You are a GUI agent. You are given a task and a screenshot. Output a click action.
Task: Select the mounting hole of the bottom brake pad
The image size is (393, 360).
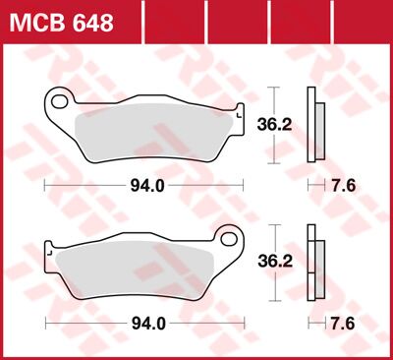[x=230, y=265]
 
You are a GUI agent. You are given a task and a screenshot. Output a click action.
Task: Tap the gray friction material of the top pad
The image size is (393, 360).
[x=147, y=128]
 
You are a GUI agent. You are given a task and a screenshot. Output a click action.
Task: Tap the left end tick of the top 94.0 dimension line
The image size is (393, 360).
[x=45, y=185]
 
